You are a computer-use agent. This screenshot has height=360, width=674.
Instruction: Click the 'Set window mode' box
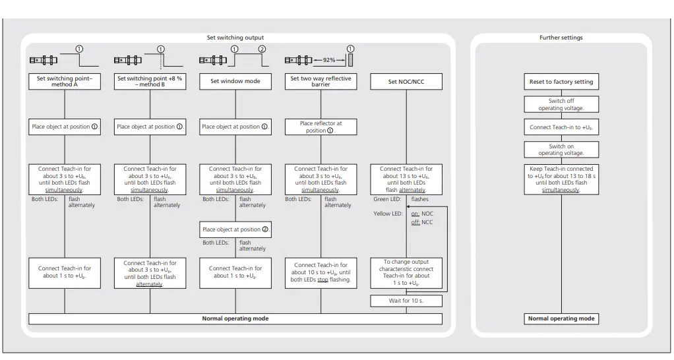tap(235, 82)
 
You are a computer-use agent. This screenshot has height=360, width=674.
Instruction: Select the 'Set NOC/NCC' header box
tap(406, 82)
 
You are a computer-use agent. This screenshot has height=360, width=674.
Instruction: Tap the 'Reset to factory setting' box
tap(561, 82)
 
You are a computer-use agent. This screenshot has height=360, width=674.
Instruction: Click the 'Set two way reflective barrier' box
tap(321, 82)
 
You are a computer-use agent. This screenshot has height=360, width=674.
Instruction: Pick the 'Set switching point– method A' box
tap(64, 82)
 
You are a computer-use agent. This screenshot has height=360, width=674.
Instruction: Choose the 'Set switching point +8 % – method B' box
tap(150, 82)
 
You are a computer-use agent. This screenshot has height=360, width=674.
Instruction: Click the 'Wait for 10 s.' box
tap(406, 301)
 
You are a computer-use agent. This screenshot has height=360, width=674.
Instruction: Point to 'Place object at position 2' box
tap(235, 229)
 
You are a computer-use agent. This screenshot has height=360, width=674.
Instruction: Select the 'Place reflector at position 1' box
tap(321, 127)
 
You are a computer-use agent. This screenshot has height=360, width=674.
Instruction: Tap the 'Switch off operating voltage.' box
tap(561, 105)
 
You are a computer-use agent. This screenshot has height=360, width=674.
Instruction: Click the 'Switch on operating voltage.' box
tap(561, 149)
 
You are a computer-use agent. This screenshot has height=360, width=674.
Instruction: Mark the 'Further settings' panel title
tap(561, 38)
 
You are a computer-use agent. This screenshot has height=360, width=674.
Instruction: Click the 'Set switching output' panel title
tap(235, 38)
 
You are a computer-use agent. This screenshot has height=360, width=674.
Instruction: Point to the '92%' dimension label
tap(330, 61)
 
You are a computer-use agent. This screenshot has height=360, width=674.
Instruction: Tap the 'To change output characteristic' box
tap(406, 273)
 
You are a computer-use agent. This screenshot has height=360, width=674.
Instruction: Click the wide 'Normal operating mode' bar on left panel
tap(235, 318)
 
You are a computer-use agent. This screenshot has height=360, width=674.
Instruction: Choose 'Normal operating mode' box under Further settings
tap(561, 318)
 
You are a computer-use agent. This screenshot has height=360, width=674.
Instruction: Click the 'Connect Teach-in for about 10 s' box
tap(321, 273)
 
